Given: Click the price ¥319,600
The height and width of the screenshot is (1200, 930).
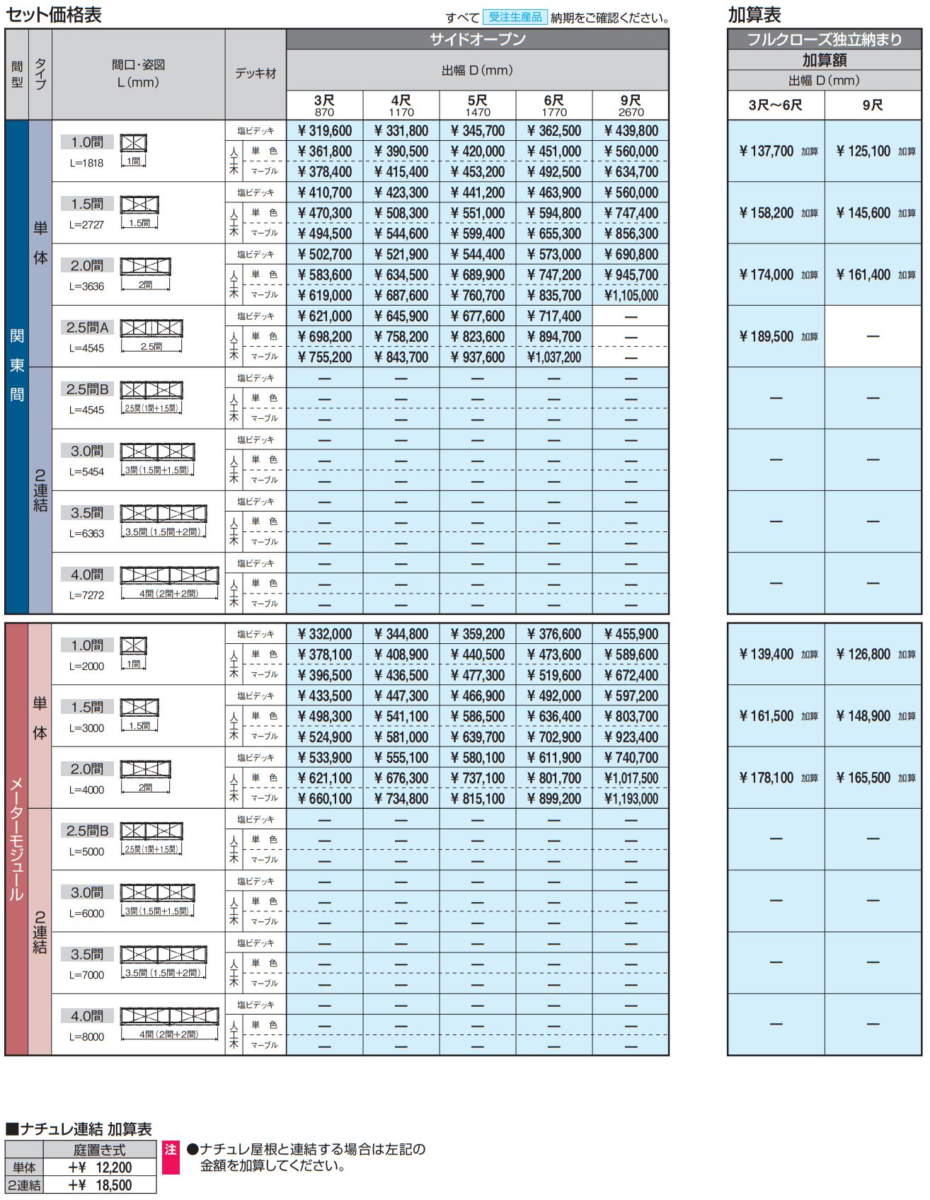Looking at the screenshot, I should click(325, 131).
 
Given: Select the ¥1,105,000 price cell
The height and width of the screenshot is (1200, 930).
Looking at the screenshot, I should click(631, 296).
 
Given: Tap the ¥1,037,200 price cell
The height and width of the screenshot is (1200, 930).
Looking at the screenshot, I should click(554, 357).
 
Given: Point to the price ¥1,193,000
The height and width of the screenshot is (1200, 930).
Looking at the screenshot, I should click(631, 799).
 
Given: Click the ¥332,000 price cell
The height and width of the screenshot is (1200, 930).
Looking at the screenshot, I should click(325, 635).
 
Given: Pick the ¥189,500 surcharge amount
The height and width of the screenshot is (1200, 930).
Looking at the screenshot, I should click(767, 337).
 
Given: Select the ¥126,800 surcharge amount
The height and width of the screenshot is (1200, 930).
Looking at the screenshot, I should click(863, 654).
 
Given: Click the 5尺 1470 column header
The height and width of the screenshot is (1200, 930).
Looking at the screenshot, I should click(478, 105).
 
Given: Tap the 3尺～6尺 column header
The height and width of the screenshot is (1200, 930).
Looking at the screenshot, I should click(776, 105).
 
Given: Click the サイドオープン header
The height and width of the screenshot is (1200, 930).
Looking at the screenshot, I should click(478, 40).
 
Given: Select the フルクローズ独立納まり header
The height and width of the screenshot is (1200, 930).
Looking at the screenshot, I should click(825, 40).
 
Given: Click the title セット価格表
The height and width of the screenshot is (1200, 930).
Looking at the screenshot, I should click(54, 15).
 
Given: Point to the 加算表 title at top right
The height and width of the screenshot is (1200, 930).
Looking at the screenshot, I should click(754, 15).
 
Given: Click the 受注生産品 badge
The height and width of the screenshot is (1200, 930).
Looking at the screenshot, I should click(515, 17).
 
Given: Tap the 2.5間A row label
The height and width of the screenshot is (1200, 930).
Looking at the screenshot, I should click(88, 328).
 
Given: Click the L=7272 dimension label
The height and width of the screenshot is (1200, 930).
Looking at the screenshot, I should click(86, 596).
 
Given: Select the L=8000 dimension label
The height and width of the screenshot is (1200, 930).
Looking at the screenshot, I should click(86, 1037).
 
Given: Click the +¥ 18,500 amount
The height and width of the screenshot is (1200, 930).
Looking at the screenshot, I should click(101, 1185).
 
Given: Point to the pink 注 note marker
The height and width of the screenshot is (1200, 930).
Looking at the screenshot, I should click(171, 1150).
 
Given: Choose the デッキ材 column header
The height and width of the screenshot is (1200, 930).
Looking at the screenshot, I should click(256, 74).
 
